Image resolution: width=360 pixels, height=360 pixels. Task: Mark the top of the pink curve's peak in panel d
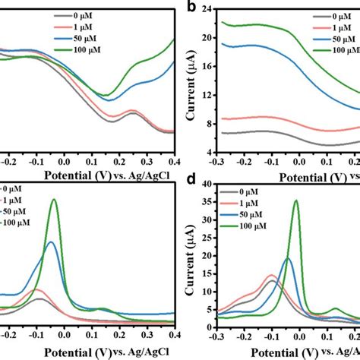pyautogui.click(x=271, y=275)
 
